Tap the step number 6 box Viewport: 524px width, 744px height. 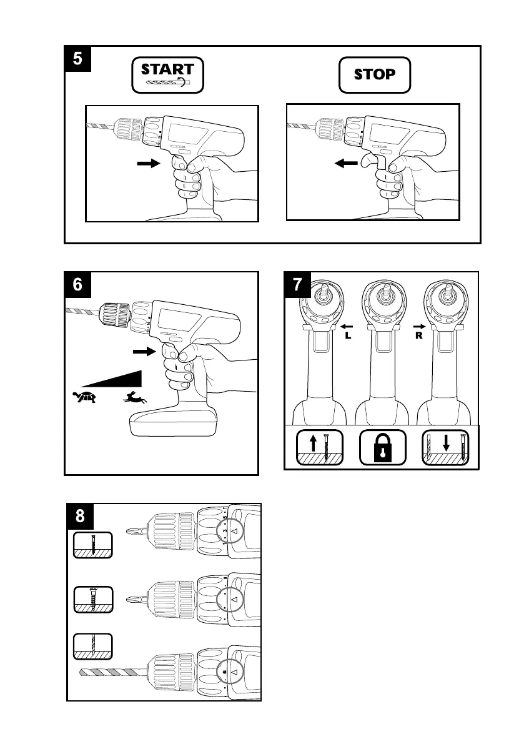pyautogui.click(x=78, y=284)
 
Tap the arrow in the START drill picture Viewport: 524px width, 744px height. pyautogui.click(x=148, y=163)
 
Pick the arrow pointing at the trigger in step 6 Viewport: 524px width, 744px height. pyautogui.click(x=143, y=352)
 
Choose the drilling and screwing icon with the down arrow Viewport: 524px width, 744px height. pyautogui.click(x=445, y=447)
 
